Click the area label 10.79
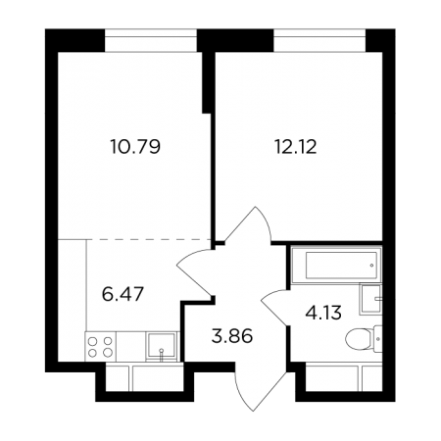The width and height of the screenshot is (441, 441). (x=135, y=147)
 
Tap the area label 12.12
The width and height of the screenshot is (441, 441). (x=296, y=147)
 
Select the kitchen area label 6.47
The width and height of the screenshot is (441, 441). (x=122, y=294)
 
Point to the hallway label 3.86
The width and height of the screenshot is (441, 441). (x=232, y=336)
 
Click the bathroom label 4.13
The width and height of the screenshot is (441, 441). (x=323, y=313)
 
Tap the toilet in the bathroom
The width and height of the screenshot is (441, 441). (x=364, y=339)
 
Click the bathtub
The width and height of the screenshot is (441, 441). (x=336, y=265)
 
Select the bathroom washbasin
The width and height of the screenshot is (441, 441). (x=370, y=299)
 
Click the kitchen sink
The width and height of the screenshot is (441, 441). (x=161, y=346)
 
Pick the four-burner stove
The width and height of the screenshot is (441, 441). (x=100, y=347)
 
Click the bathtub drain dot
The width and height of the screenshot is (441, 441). (x=372, y=266)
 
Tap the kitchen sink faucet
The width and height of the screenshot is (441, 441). (x=161, y=355)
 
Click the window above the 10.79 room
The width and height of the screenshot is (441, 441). (x=151, y=40)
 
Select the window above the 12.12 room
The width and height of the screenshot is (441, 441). (x=319, y=40)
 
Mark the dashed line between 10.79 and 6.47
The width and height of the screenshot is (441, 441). (x=149, y=239)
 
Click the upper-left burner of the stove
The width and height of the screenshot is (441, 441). (x=93, y=341)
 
